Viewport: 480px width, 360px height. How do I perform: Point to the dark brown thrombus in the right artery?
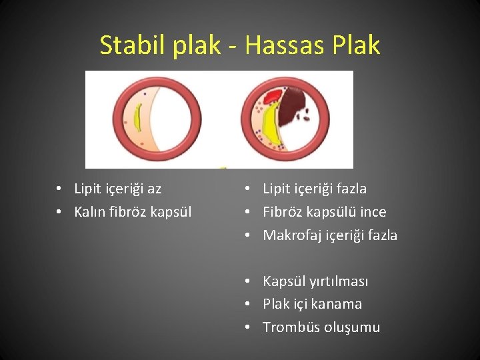coord(291,107)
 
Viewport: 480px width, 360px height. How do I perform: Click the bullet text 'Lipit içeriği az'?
coord(117,189)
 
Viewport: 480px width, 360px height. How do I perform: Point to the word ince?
coord(373,212)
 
